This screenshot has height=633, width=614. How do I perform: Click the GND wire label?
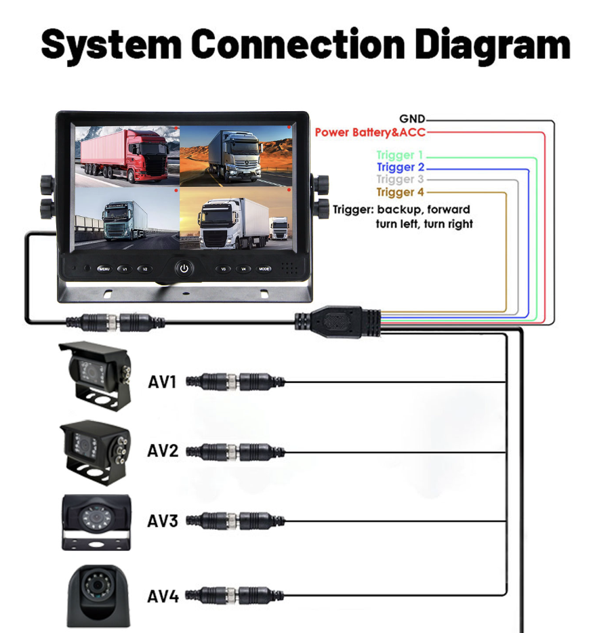(x=412, y=120)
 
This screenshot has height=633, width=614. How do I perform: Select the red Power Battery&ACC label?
(x=370, y=132)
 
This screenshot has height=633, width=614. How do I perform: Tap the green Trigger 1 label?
(x=399, y=155)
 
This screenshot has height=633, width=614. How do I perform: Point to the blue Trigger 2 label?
(x=400, y=167)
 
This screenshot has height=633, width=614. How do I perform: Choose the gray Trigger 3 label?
(x=400, y=180)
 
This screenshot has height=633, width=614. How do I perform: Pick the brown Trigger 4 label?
(x=400, y=192)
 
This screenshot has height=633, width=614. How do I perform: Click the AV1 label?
(x=163, y=382)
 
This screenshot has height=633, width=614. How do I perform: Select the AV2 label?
(x=163, y=450)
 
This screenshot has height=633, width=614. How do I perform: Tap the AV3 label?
(x=163, y=521)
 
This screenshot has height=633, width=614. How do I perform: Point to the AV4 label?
(x=163, y=596)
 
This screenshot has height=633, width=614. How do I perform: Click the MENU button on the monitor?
(x=104, y=269)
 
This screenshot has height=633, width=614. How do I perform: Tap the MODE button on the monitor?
(x=264, y=269)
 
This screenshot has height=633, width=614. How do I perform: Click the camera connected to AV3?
(x=94, y=521)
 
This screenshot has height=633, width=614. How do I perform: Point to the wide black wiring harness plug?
(x=338, y=320)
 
